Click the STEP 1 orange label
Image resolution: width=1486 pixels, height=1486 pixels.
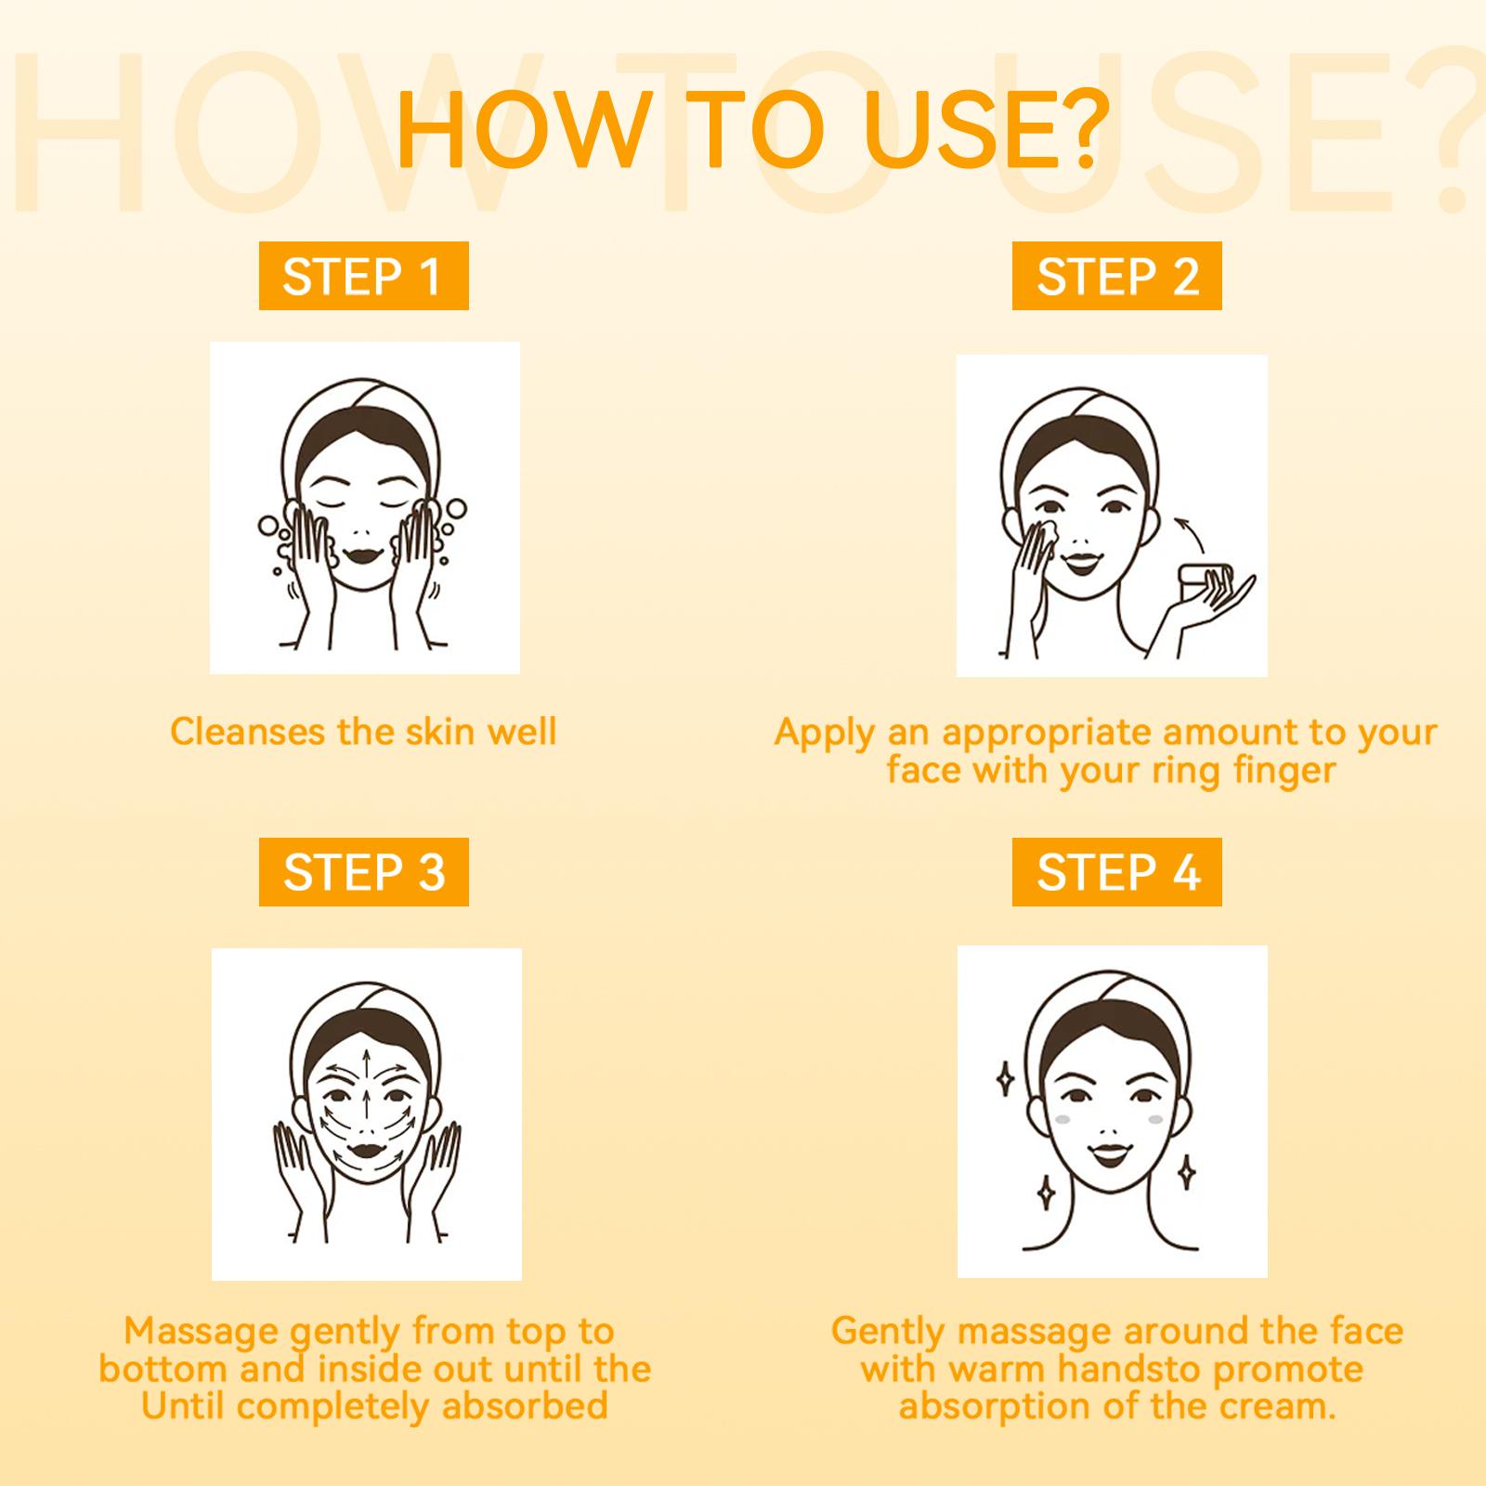point(363,276)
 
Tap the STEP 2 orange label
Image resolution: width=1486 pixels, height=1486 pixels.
point(1117,276)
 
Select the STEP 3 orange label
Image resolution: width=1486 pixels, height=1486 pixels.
point(363,872)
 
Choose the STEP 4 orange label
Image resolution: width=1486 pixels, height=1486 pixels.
point(1117,872)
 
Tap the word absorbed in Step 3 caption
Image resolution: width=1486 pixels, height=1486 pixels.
point(524,1405)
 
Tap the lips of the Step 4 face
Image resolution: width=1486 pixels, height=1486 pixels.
point(1108,1158)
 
